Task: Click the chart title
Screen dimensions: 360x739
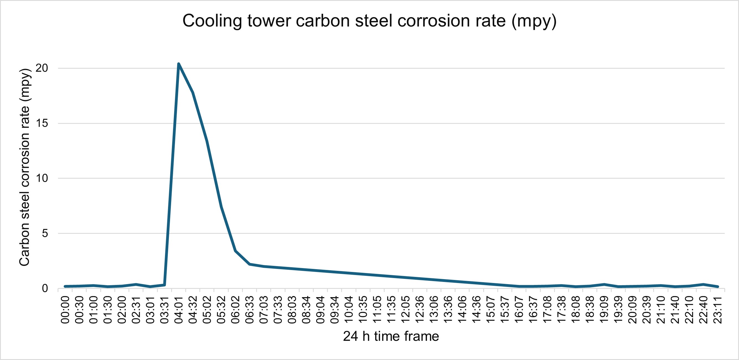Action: [x=369, y=21]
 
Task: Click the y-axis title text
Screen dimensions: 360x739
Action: [x=25, y=167]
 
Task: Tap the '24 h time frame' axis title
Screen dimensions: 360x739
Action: [x=391, y=336]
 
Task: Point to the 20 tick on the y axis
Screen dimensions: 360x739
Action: [x=42, y=68]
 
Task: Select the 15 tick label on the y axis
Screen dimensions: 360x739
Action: [x=42, y=123]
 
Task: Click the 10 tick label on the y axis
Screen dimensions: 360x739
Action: [x=42, y=178]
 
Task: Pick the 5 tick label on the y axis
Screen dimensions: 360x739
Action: [x=45, y=233]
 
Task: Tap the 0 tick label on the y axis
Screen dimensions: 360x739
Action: [x=45, y=288]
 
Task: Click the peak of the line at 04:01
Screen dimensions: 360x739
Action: [x=178, y=64]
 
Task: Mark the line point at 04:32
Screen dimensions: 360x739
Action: [x=193, y=92]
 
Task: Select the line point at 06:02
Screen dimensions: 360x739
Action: [x=235, y=251]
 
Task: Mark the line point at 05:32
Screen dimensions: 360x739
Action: [x=221, y=207]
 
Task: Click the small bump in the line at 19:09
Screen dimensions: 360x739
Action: [x=604, y=284]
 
